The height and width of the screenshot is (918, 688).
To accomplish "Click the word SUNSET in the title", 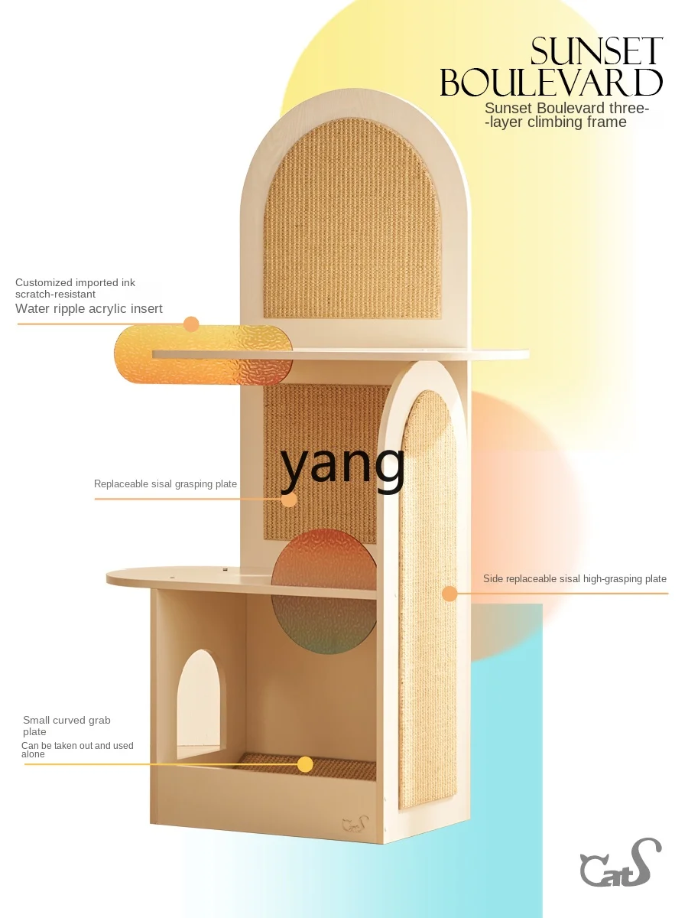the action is pos(596,52).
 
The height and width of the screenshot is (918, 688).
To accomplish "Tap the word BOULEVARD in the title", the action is pos(551,83).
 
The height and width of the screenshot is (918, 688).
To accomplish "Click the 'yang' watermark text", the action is pos(343,465).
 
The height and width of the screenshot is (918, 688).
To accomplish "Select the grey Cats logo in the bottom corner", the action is pos(620,864).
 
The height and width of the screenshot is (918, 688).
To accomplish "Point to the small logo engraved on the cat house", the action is pos(355,825).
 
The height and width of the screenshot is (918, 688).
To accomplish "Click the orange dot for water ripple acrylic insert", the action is pos(191,324).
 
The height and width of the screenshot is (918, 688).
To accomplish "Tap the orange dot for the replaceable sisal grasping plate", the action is pos(289,500).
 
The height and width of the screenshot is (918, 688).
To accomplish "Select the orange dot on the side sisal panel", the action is pos(449,593).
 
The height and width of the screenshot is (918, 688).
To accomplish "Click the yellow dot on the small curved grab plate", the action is pos(305,763).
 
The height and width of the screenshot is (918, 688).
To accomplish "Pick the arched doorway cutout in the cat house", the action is pos(197,704).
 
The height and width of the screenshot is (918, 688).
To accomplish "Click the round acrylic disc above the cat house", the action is pos(324,587).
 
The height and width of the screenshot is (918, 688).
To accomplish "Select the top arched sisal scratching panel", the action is pos(352,218).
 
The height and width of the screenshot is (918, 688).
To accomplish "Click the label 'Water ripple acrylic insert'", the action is pos(89,309).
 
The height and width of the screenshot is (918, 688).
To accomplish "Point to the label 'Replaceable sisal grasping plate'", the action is pos(165,484).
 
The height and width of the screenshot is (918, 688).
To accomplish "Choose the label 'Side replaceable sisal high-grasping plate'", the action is pos(574,579).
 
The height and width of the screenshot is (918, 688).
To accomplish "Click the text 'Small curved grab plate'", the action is pos(67,726).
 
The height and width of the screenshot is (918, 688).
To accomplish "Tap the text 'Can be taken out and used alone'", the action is pos(76,750).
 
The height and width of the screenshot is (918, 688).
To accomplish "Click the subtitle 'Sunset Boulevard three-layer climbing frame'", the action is pos(566,115).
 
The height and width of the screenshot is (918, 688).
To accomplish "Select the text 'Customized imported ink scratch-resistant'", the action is pos(75,288).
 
